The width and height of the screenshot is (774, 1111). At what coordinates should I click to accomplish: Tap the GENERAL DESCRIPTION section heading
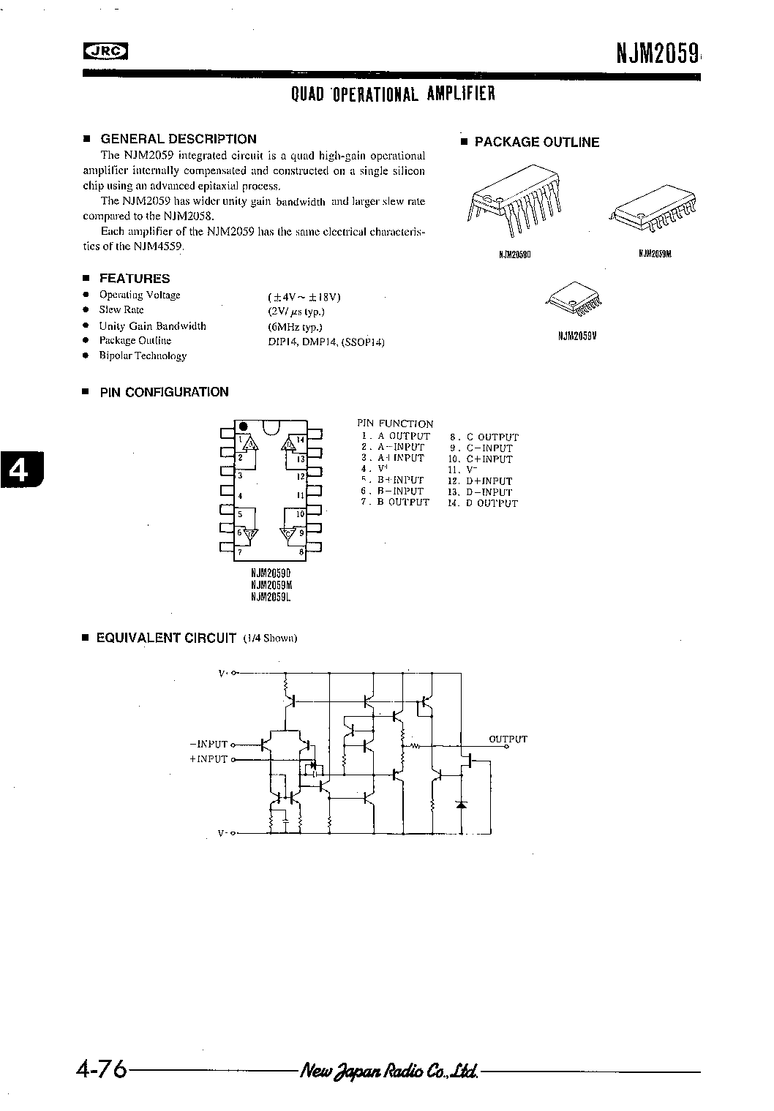click(x=178, y=139)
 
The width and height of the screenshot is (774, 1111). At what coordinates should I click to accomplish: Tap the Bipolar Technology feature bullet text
click(x=143, y=356)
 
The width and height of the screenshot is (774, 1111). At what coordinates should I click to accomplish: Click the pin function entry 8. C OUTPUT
click(x=484, y=437)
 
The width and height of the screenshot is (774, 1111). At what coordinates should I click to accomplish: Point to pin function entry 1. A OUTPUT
click(x=396, y=436)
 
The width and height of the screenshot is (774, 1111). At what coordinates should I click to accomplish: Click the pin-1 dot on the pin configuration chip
click(x=244, y=426)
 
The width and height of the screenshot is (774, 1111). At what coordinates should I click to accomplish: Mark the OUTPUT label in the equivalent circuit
click(x=508, y=739)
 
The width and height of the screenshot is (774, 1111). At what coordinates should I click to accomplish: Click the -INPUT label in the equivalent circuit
click(x=208, y=745)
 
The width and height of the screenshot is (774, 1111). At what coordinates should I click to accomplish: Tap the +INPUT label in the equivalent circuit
click(x=208, y=759)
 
